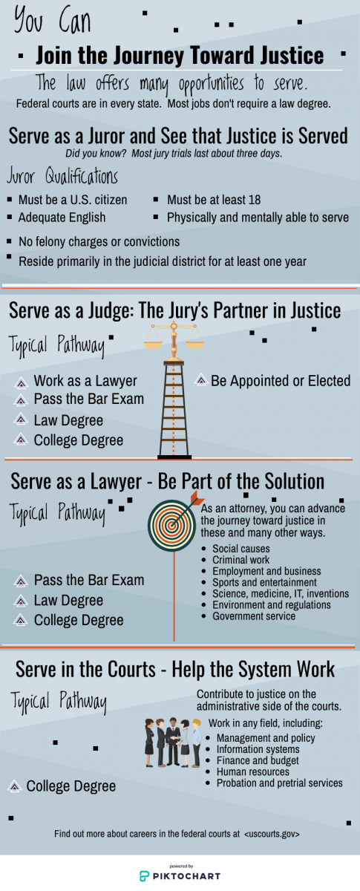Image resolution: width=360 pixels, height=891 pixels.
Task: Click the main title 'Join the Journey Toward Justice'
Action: (180, 55)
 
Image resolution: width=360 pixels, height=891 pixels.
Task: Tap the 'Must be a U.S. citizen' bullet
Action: (73, 200)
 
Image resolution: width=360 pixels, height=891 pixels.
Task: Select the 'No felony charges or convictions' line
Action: (99, 242)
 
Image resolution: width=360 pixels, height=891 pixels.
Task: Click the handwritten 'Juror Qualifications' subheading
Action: (62, 176)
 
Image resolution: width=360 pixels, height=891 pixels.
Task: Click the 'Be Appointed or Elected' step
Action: (281, 381)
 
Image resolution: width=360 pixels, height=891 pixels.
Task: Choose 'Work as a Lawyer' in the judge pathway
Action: (85, 381)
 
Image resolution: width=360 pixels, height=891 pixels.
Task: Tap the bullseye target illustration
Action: (172, 525)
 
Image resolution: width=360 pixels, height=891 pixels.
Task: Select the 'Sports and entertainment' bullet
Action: (264, 582)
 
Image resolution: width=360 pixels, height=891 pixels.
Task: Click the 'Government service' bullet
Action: (254, 616)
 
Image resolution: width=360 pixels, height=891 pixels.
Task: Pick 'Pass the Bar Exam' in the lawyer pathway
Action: (89, 580)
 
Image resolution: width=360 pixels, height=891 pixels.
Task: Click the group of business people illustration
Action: (173, 742)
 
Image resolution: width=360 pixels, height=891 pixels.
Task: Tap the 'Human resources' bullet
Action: (253, 771)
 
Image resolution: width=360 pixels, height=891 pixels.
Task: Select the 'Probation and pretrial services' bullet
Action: (280, 783)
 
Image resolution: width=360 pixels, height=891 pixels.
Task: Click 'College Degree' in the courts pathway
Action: (71, 786)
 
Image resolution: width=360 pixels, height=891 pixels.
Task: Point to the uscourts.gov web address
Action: (272, 834)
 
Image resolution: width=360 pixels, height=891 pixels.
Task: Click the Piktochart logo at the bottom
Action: (180, 876)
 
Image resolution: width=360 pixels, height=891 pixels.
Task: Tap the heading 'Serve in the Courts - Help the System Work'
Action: (175, 670)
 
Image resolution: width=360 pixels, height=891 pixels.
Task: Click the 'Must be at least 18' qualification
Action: (214, 200)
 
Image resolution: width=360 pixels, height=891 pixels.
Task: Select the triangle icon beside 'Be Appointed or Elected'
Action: (201, 380)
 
